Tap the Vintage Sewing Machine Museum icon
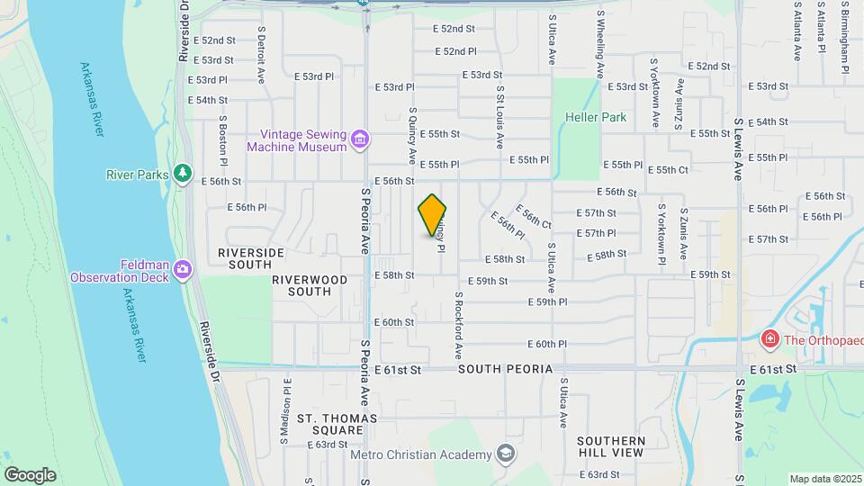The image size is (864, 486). pos(360,139)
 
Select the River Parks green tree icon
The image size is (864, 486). pos(183,172)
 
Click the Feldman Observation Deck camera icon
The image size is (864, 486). pos(183,269)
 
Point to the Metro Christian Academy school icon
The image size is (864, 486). pos(505,453)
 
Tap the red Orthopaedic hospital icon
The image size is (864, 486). pos(769,339)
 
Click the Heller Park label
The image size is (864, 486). pos(596,117)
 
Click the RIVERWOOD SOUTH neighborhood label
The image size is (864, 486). pos(310,285)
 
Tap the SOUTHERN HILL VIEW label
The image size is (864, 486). pos(611,446)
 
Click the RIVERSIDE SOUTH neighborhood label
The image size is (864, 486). pos(238,258)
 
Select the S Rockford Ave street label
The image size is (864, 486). pos(458,323)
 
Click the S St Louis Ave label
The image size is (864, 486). pos(499,118)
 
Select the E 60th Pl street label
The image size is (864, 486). pos(551,345)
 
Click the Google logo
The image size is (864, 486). pos(30,474)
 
